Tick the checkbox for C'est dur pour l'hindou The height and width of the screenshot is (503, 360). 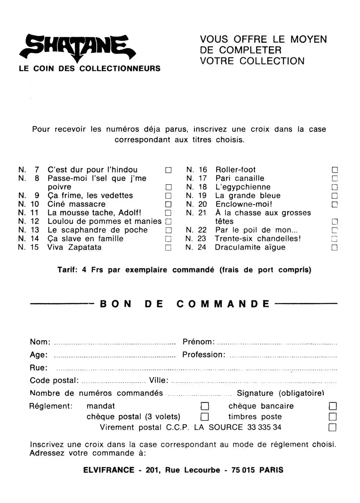pyautogui.click(x=168, y=170)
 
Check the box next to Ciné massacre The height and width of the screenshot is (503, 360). pyautogui.click(x=168, y=204)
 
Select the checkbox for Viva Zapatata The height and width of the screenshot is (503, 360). pyautogui.click(x=168, y=248)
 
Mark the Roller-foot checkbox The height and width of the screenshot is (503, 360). pyautogui.click(x=335, y=170)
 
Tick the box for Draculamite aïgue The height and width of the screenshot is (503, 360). pyautogui.click(x=334, y=248)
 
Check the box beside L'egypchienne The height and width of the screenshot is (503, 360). pyautogui.click(x=335, y=187)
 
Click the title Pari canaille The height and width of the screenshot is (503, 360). pyautogui.click(x=240, y=178)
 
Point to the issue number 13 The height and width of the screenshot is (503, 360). pyautogui.click(x=35, y=230)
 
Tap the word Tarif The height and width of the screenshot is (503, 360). pyautogui.click(x=67, y=270)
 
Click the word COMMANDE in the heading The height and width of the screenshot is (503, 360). pyautogui.click(x=223, y=304)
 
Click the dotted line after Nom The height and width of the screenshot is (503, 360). pyautogui.click(x=114, y=343)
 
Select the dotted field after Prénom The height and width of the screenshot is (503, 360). pyautogui.click(x=277, y=343)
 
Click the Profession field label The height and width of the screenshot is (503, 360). pyautogui.click(x=204, y=355)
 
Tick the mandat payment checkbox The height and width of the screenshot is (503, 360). pyautogui.click(x=205, y=406)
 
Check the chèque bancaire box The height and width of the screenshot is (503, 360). pyautogui.click(x=333, y=406)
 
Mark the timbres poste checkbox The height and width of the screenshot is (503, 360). pyautogui.click(x=333, y=417)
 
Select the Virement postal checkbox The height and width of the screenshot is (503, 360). pyautogui.click(x=332, y=427)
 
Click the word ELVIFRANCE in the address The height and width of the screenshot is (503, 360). pyautogui.click(x=109, y=470)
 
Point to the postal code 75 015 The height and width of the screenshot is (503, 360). pyautogui.click(x=243, y=470)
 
